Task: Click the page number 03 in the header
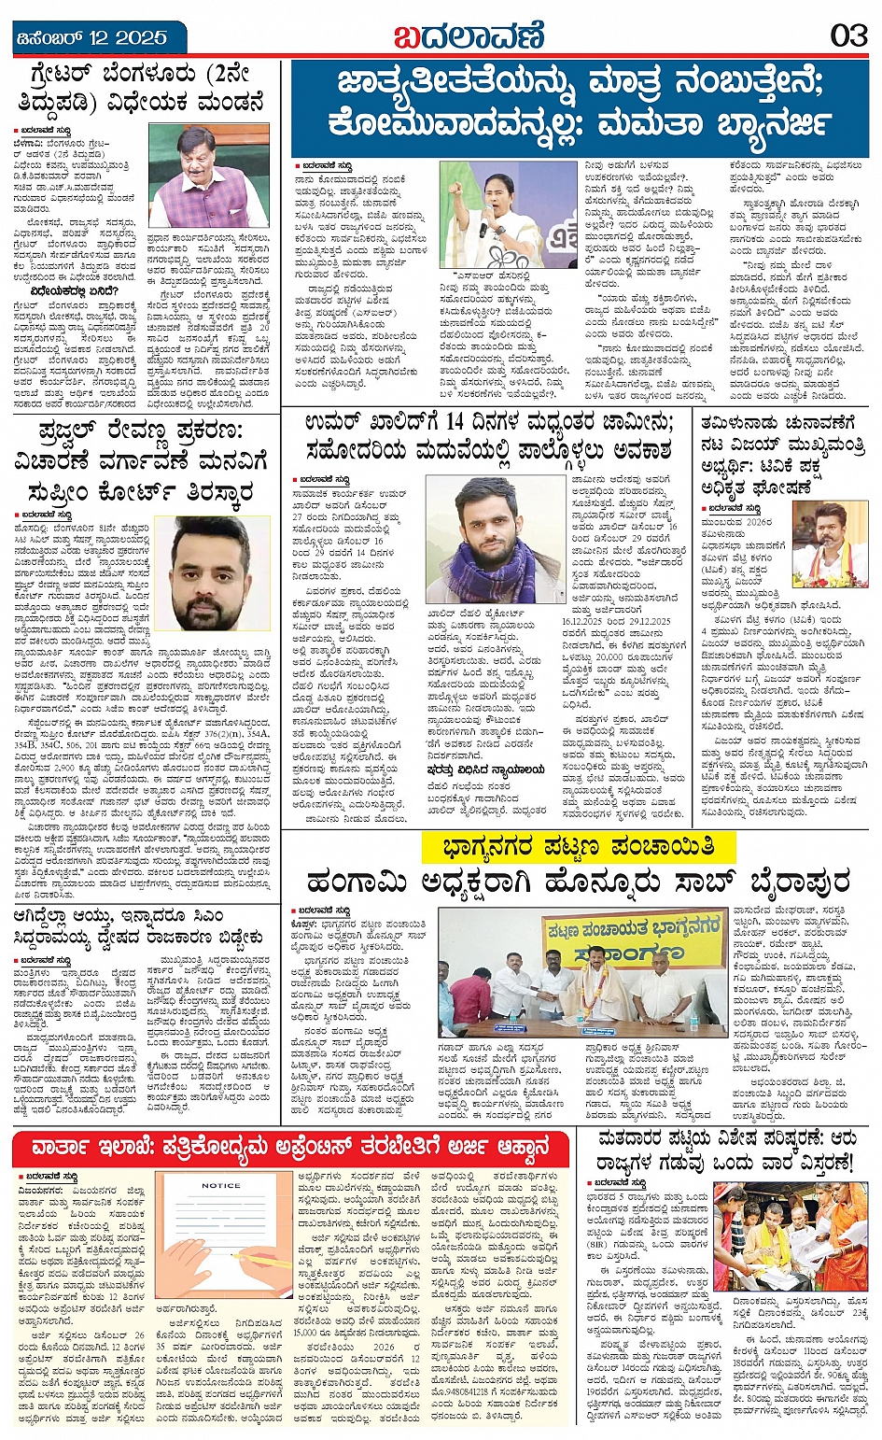pyautogui.click(x=848, y=36)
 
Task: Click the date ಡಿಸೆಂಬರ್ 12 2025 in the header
pyautogui.click(x=91, y=38)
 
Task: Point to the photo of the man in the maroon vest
pyautogui.click(x=208, y=176)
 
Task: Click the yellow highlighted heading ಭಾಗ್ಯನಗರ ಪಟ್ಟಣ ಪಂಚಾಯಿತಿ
pyautogui.click(x=567, y=847)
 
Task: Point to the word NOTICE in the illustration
pyautogui.click(x=220, y=1186)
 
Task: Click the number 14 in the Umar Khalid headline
pyautogui.click(x=455, y=423)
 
